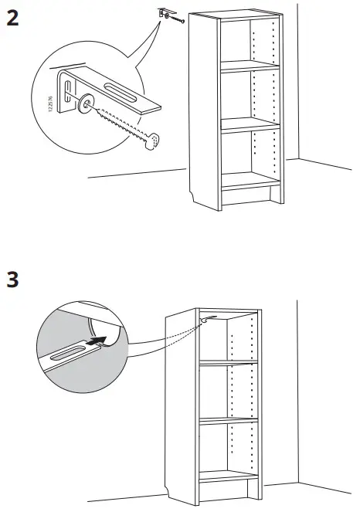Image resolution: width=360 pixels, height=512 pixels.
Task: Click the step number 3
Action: tap(12, 279)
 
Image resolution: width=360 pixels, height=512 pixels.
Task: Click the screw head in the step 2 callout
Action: tap(155, 140)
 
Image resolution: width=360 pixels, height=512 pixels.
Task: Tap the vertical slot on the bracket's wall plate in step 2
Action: tap(68, 88)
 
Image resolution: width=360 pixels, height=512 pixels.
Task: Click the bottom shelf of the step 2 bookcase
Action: tap(249, 179)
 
